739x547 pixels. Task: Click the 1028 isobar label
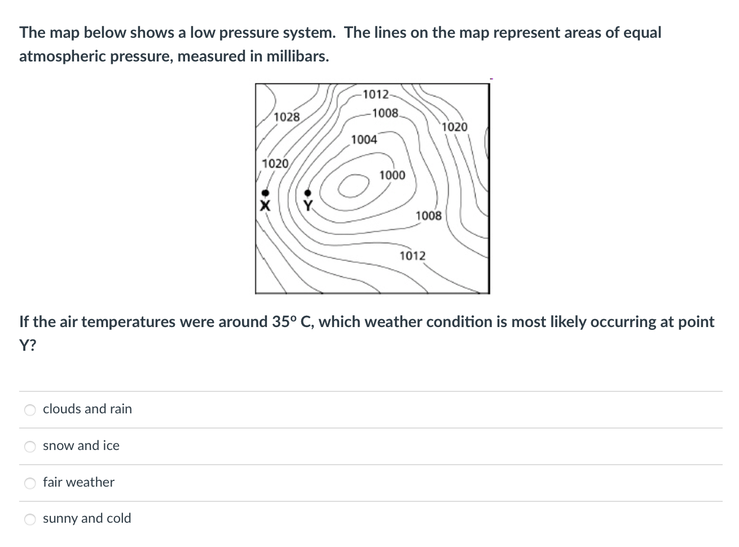pyautogui.click(x=287, y=117)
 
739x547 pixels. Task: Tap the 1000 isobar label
pyautogui.click(x=392, y=175)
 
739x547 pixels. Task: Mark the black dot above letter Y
pyautogui.click(x=308, y=193)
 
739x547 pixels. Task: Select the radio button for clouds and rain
pyautogui.click(x=30, y=410)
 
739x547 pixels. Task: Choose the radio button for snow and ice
pyautogui.click(x=30, y=447)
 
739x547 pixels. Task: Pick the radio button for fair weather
pyautogui.click(x=30, y=483)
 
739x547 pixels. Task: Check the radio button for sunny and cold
pyautogui.click(x=30, y=519)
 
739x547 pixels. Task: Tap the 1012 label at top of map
pyautogui.click(x=376, y=94)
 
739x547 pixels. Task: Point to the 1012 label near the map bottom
pyautogui.click(x=412, y=256)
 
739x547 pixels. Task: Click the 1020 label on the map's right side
pyautogui.click(x=455, y=127)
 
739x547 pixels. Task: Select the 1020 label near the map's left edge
pyautogui.click(x=275, y=164)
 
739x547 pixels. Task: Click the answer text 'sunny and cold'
pyautogui.click(x=87, y=518)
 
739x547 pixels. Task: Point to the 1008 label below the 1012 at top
pyautogui.click(x=385, y=113)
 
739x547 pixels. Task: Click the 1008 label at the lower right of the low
pyautogui.click(x=429, y=215)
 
